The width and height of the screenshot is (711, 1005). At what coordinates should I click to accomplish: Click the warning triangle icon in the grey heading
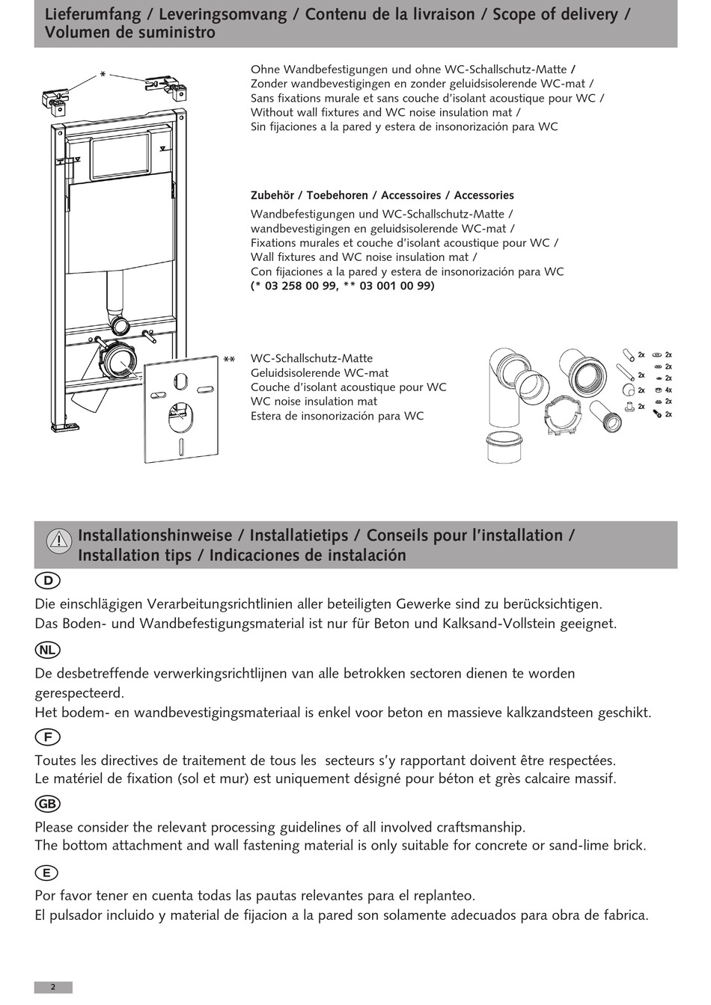(58, 541)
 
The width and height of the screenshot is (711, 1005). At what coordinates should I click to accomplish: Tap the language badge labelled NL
(47, 650)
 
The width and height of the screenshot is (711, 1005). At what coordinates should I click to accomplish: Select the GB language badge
(47, 804)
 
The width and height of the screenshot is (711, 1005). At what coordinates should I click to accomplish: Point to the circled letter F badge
(47, 737)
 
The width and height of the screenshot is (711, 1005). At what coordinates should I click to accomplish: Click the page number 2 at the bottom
(52, 987)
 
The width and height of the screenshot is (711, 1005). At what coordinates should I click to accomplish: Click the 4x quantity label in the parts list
(668, 390)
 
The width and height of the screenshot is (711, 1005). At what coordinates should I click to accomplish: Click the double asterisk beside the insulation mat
(229, 360)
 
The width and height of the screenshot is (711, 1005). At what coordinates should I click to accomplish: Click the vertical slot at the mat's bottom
(181, 447)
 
